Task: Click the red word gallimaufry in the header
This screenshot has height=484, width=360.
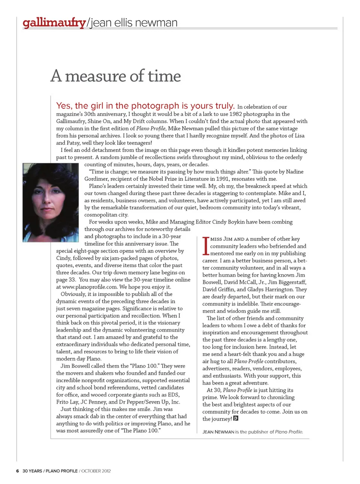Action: (x=54, y=23)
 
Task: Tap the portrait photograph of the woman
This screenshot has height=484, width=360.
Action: (x=51, y=203)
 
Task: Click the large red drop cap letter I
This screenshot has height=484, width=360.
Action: (x=205, y=246)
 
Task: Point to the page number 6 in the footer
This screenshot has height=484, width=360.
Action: (x=17, y=471)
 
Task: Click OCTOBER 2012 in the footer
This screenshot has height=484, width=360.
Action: (x=96, y=471)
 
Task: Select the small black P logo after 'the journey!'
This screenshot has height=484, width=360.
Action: (x=236, y=418)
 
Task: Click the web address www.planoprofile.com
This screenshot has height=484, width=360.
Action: (x=90, y=287)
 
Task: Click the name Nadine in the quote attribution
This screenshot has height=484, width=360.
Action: (x=295, y=171)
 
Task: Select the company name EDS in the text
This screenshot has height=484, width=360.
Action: (x=174, y=395)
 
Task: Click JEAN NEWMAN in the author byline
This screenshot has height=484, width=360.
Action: (x=218, y=432)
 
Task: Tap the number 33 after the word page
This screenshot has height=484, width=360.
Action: (x=72, y=280)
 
